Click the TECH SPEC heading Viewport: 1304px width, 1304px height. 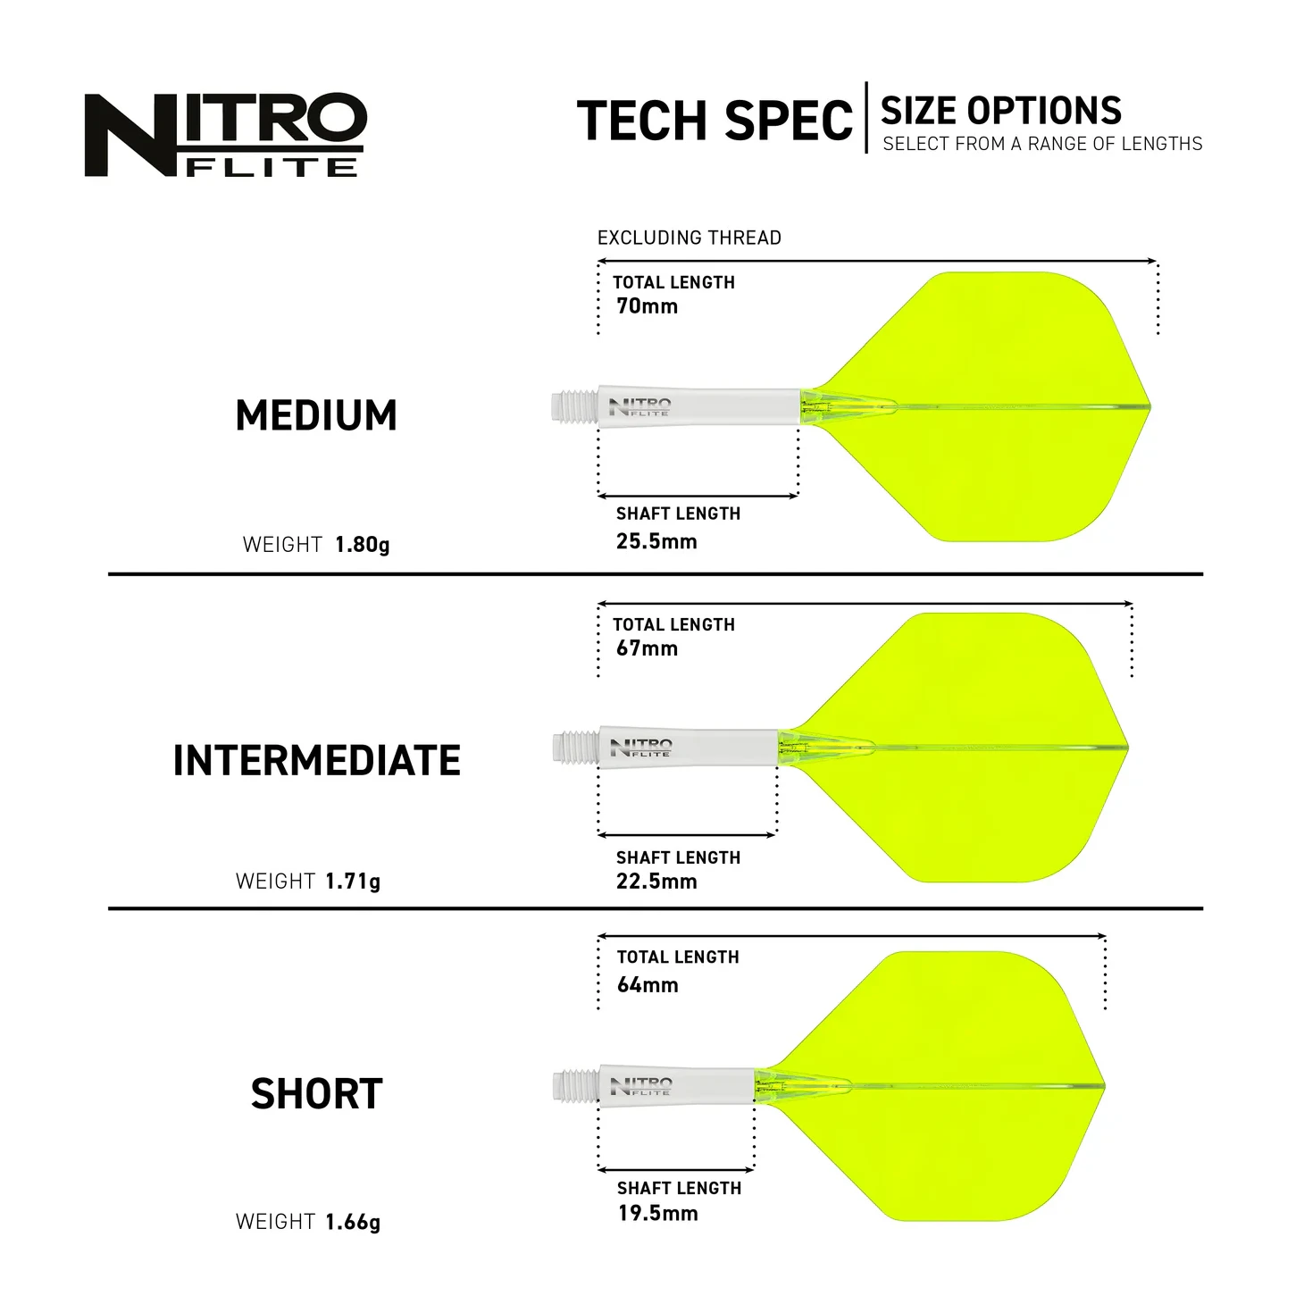pos(715,121)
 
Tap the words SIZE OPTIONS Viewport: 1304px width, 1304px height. pos(1000,111)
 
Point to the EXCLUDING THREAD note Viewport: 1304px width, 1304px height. pos(689,238)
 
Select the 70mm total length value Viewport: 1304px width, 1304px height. pos(647,306)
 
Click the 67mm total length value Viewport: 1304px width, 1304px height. pos(647,648)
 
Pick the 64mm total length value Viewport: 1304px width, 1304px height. pos(648,985)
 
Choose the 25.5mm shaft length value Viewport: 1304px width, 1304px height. pos(656,541)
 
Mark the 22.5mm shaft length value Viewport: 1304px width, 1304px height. pos(656,882)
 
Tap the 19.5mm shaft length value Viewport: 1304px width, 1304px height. pos(658,1213)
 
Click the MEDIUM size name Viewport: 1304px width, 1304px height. pos(316,415)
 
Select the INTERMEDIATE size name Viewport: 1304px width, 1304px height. pos(316,761)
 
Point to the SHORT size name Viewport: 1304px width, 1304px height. pos(316,1094)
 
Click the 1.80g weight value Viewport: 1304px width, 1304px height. pos(362,545)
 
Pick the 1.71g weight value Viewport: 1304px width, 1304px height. pos(353,882)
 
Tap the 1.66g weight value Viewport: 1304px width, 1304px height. pos(353,1222)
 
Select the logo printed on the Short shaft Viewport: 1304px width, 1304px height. pos(640,1086)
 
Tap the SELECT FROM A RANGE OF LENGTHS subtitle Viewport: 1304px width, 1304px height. pos(1042,144)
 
